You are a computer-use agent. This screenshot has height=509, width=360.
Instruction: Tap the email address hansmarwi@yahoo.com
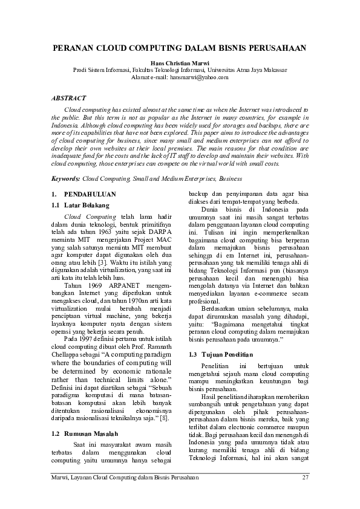(199, 77)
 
